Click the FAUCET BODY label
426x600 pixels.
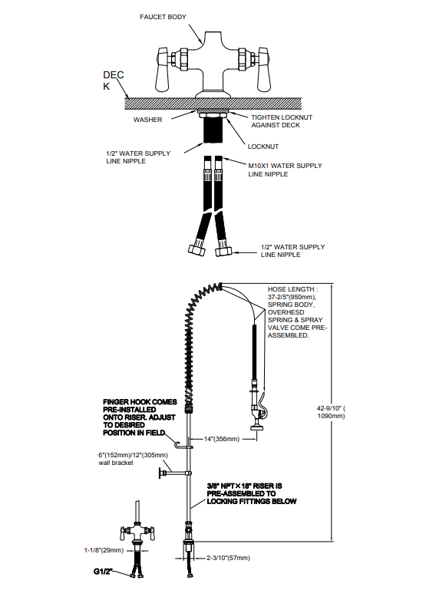(163, 17)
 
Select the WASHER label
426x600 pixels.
(147, 120)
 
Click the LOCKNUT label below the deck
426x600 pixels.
(263, 147)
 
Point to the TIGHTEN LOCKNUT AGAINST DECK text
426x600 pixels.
(282, 121)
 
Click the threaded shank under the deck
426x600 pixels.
(213, 130)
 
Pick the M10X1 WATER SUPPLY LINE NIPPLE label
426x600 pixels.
(285, 170)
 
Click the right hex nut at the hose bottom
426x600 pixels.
(223, 252)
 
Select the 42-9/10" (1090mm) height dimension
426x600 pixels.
(331, 412)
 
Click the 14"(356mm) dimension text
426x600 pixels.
(222, 439)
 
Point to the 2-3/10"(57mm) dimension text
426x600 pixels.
(228, 558)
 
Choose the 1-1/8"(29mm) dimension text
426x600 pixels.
(104, 550)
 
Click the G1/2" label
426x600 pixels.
(103, 572)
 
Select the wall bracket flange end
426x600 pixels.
(160, 473)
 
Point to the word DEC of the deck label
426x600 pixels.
(114, 75)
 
